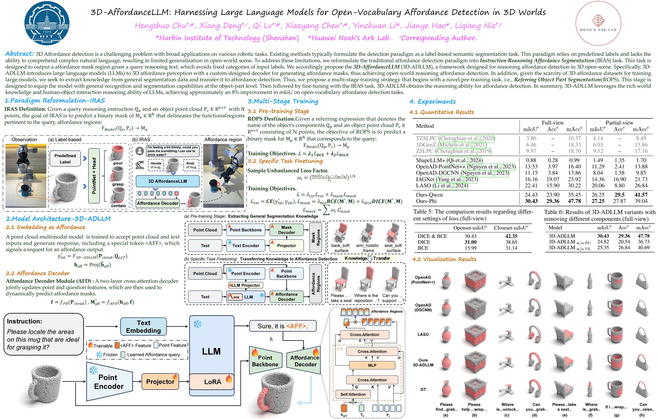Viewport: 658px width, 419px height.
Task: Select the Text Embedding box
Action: click(x=143, y=326)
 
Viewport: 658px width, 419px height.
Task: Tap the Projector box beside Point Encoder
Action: click(x=160, y=381)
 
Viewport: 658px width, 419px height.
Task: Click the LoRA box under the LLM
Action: click(x=212, y=382)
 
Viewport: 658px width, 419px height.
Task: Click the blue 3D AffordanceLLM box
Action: click(x=167, y=181)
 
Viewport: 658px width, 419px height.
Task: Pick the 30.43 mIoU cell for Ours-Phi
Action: click(x=531, y=201)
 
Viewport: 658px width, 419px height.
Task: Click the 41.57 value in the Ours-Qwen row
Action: click(x=641, y=195)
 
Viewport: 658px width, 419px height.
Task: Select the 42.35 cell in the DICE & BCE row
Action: click(x=511, y=236)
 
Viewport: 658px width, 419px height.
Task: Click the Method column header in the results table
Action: click(x=425, y=126)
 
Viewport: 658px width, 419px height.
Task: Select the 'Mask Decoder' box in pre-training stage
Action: click(x=286, y=230)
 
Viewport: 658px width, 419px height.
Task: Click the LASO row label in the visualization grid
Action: click(x=423, y=334)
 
